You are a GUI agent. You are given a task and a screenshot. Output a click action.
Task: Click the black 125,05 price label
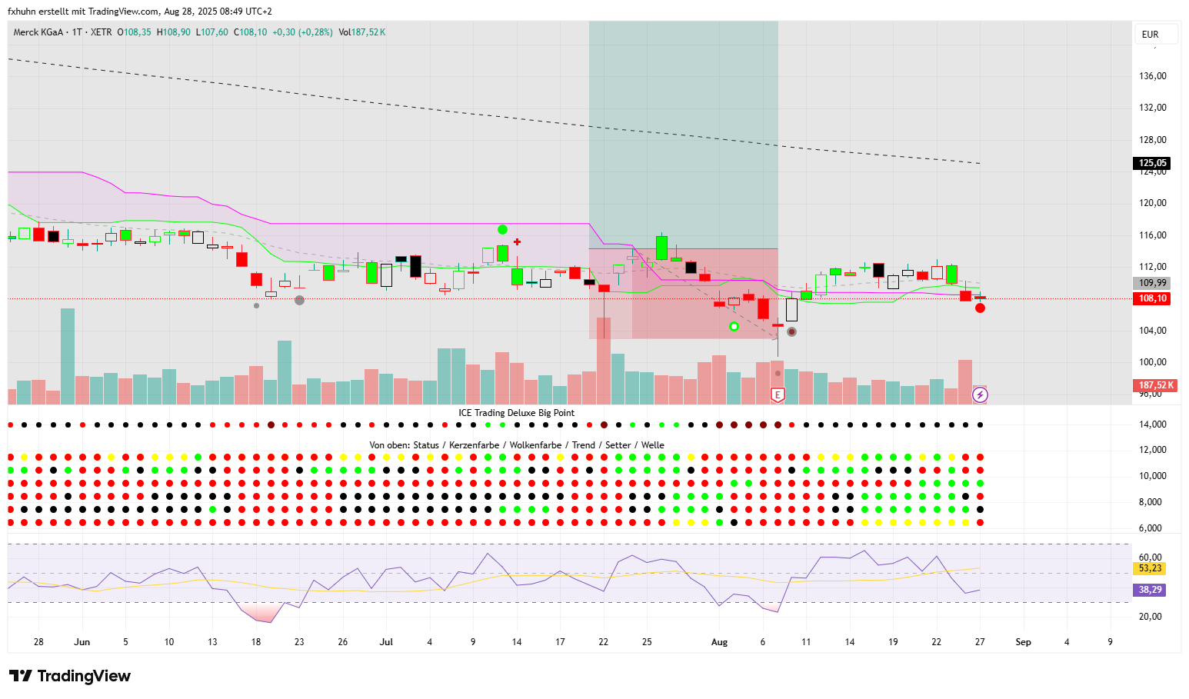click(1152, 163)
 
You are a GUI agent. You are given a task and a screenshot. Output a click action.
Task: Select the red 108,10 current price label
click(1152, 298)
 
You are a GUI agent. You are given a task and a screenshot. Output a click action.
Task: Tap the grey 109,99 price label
click(1152, 283)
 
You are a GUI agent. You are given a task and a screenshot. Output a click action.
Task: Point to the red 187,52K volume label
click(1156, 385)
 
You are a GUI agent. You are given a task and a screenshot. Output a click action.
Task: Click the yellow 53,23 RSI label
click(1150, 568)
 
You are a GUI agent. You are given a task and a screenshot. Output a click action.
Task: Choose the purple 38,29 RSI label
click(1150, 590)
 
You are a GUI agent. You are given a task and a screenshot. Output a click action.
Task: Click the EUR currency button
click(1151, 35)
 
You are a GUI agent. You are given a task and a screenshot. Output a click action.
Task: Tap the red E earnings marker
click(778, 395)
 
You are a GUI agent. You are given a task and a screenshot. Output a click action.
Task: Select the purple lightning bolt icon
click(980, 395)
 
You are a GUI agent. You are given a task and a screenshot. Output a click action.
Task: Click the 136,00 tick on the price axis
click(1152, 76)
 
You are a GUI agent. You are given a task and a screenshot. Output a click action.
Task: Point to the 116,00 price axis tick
click(1152, 235)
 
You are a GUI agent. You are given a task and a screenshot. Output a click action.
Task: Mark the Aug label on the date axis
click(719, 642)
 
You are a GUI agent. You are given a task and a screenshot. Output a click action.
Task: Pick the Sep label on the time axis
click(1023, 642)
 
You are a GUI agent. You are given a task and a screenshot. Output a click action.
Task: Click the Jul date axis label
click(386, 642)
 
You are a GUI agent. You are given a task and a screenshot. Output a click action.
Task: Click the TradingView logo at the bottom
click(70, 676)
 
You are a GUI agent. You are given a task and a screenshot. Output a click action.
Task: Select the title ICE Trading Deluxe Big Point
click(516, 413)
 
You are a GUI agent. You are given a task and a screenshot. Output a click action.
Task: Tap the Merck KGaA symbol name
click(38, 32)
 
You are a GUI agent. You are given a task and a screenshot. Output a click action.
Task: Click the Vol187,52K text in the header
click(362, 32)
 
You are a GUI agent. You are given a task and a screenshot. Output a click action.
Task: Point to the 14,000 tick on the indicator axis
click(1152, 424)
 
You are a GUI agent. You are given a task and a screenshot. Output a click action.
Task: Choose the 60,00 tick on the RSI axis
click(1150, 558)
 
